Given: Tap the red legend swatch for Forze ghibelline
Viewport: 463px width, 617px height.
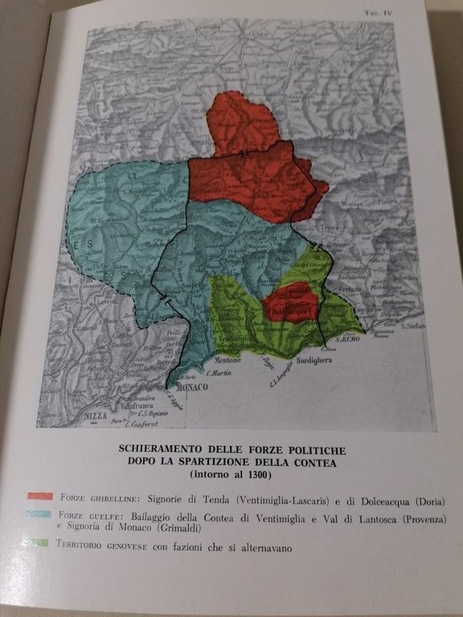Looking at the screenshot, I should point(40,496).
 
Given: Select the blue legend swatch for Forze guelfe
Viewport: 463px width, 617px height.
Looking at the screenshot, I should point(40,514).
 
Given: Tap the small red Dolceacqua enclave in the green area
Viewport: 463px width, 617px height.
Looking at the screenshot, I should point(292,302).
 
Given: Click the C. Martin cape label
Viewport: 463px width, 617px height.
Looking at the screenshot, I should point(219,372).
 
